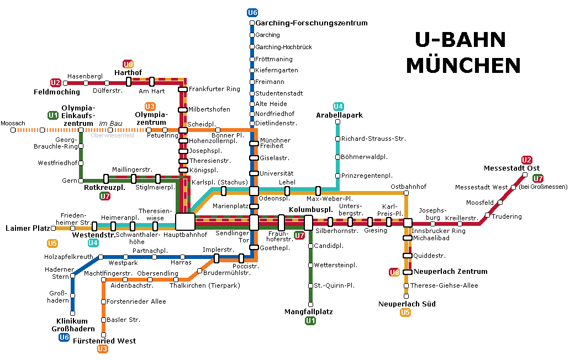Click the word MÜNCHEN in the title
[463, 65]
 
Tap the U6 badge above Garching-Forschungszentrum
[252, 13]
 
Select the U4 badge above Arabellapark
[339, 106]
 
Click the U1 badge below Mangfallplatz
[310, 321]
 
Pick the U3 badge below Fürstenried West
[103, 348]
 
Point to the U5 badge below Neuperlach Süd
[405, 313]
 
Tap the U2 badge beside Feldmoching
[55, 83]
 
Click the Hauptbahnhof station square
[185, 222]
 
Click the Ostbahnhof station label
[408, 187]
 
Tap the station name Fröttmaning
[274, 59]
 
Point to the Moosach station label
[13, 123]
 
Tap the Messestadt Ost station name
[511, 168]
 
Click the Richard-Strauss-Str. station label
[373, 139]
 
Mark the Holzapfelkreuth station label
[70, 257]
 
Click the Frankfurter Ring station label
[214, 89]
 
